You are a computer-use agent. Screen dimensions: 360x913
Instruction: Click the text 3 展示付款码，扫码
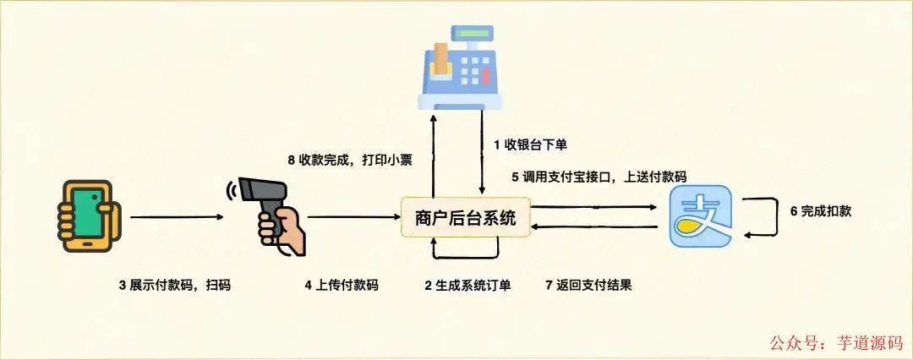[x=174, y=285]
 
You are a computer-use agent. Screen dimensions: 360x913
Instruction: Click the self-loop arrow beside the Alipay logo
[x=769, y=215]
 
